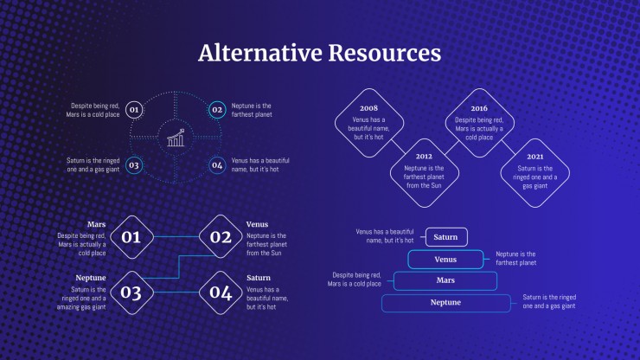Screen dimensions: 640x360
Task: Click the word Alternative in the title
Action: [260, 53]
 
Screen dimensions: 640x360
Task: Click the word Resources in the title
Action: [385, 53]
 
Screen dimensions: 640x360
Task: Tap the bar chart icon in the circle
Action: [176, 138]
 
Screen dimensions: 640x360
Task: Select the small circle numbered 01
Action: [134, 110]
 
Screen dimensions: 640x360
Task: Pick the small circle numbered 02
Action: [217, 110]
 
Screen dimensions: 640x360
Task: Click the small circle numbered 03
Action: [134, 165]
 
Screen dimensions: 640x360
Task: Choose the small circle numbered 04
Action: [217, 165]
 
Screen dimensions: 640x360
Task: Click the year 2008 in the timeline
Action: [368, 108]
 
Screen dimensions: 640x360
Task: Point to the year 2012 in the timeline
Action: [424, 157]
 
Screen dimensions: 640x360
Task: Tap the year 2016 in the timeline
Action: [479, 108]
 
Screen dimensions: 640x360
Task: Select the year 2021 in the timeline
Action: [535, 157]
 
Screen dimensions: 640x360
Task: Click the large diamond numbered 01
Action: [131, 237]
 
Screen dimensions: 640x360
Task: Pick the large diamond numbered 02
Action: [221, 237]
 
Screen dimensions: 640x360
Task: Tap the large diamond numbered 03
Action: [131, 292]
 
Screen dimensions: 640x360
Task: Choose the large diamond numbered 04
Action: [221, 292]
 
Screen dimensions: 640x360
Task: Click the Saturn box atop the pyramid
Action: [446, 237]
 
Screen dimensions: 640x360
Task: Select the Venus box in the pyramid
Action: [445, 260]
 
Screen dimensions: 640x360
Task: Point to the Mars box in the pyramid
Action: [445, 280]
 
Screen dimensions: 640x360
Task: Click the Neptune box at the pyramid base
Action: [445, 303]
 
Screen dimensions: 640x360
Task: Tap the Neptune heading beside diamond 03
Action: [91, 278]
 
